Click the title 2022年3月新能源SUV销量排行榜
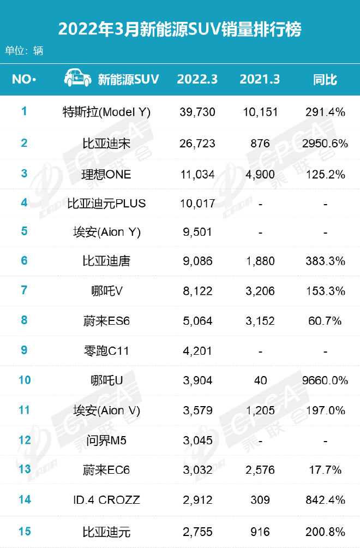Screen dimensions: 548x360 (x=179, y=29)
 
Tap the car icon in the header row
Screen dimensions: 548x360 (x=77, y=79)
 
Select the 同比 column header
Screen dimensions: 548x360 (x=325, y=79)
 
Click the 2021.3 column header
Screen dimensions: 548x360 (x=260, y=79)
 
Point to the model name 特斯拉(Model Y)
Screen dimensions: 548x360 (x=106, y=112)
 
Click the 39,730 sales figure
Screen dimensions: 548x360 (x=197, y=112)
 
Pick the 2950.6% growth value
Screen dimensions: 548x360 (x=325, y=144)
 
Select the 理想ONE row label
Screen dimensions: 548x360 (x=106, y=175)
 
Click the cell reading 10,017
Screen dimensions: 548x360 (x=197, y=204)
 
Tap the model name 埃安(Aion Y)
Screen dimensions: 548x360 (x=106, y=232)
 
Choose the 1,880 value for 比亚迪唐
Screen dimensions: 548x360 (x=260, y=261)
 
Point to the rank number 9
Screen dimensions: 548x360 (x=24, y=350)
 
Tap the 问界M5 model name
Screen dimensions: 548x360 (x=106, y=440)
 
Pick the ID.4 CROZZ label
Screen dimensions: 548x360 (x=106, y=500)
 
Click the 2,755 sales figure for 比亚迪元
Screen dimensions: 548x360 (x=197, y=532)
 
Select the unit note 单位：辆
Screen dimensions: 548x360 (x=24, y=51)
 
